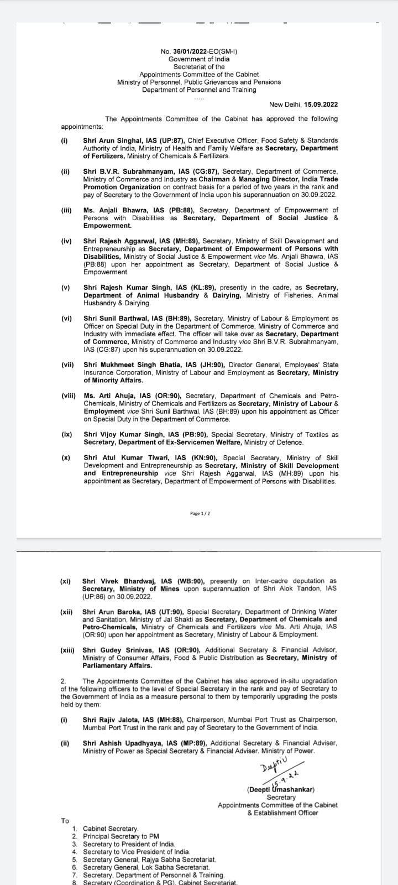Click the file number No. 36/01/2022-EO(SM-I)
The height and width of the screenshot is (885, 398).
point(198,51)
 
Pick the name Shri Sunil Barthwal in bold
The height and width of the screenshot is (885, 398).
point(111,319)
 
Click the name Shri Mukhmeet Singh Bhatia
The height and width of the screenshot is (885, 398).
point(122,366)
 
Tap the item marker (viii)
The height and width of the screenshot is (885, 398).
point(69,397)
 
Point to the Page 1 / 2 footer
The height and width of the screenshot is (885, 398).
point(200,514)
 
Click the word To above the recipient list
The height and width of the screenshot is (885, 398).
point(65,821)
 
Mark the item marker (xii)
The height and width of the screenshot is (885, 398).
point(67,612)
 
